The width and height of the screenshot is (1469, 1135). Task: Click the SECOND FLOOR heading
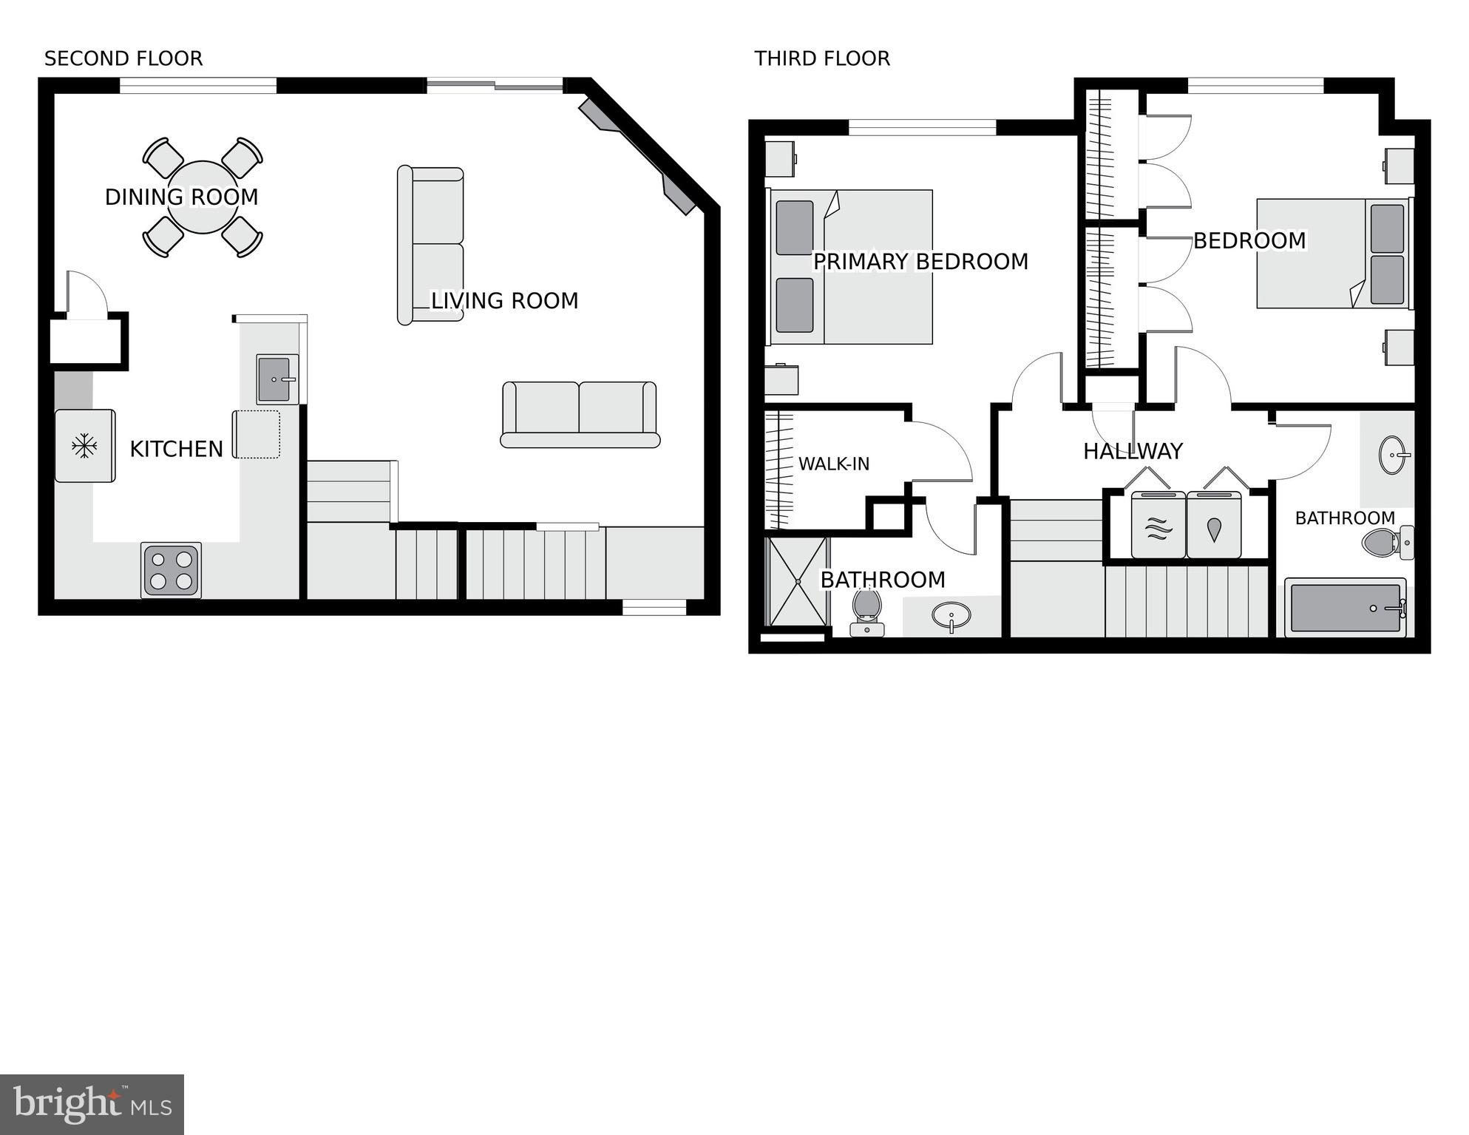pyautogui.click(x=123, y=58)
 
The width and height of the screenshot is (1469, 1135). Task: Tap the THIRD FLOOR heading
pyautogui.click(x=821, y=58)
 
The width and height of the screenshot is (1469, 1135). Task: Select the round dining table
pyautogui.click(x=203, y=197)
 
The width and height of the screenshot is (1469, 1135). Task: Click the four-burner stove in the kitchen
pyautogui.click(x=171, y=571)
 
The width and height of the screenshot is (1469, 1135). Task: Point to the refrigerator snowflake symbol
pyautogui.click(x=84, y=446)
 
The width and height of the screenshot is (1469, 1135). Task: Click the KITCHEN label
pyautogui.click(x=176, y=449)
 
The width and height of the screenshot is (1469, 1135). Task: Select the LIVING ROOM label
pyautogui.click(x=504, y=301)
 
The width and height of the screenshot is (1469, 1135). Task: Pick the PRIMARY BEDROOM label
pyautogui.click(x=920, y=262)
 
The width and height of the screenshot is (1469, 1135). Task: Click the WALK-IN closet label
pyautogui.click(x=833, y=464)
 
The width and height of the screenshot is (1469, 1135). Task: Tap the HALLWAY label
pyautogui.click(x=1133, y=451)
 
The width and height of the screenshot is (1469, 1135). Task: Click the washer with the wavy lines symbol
pyautogui.click(x=1158, y=526)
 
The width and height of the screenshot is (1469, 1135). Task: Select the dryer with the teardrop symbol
pyautogui.click(x=1214, y=526)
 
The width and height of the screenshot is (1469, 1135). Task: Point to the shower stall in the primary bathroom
pyautogui.click(x=798, y=582)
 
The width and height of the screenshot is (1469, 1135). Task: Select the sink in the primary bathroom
pyautogui.click(x=951, y=615)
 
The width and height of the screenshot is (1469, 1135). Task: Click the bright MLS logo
pyautogui.click(x=92, y=1104)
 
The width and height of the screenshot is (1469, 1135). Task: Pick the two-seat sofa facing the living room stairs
pyautogui.click(x=580, y=414)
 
